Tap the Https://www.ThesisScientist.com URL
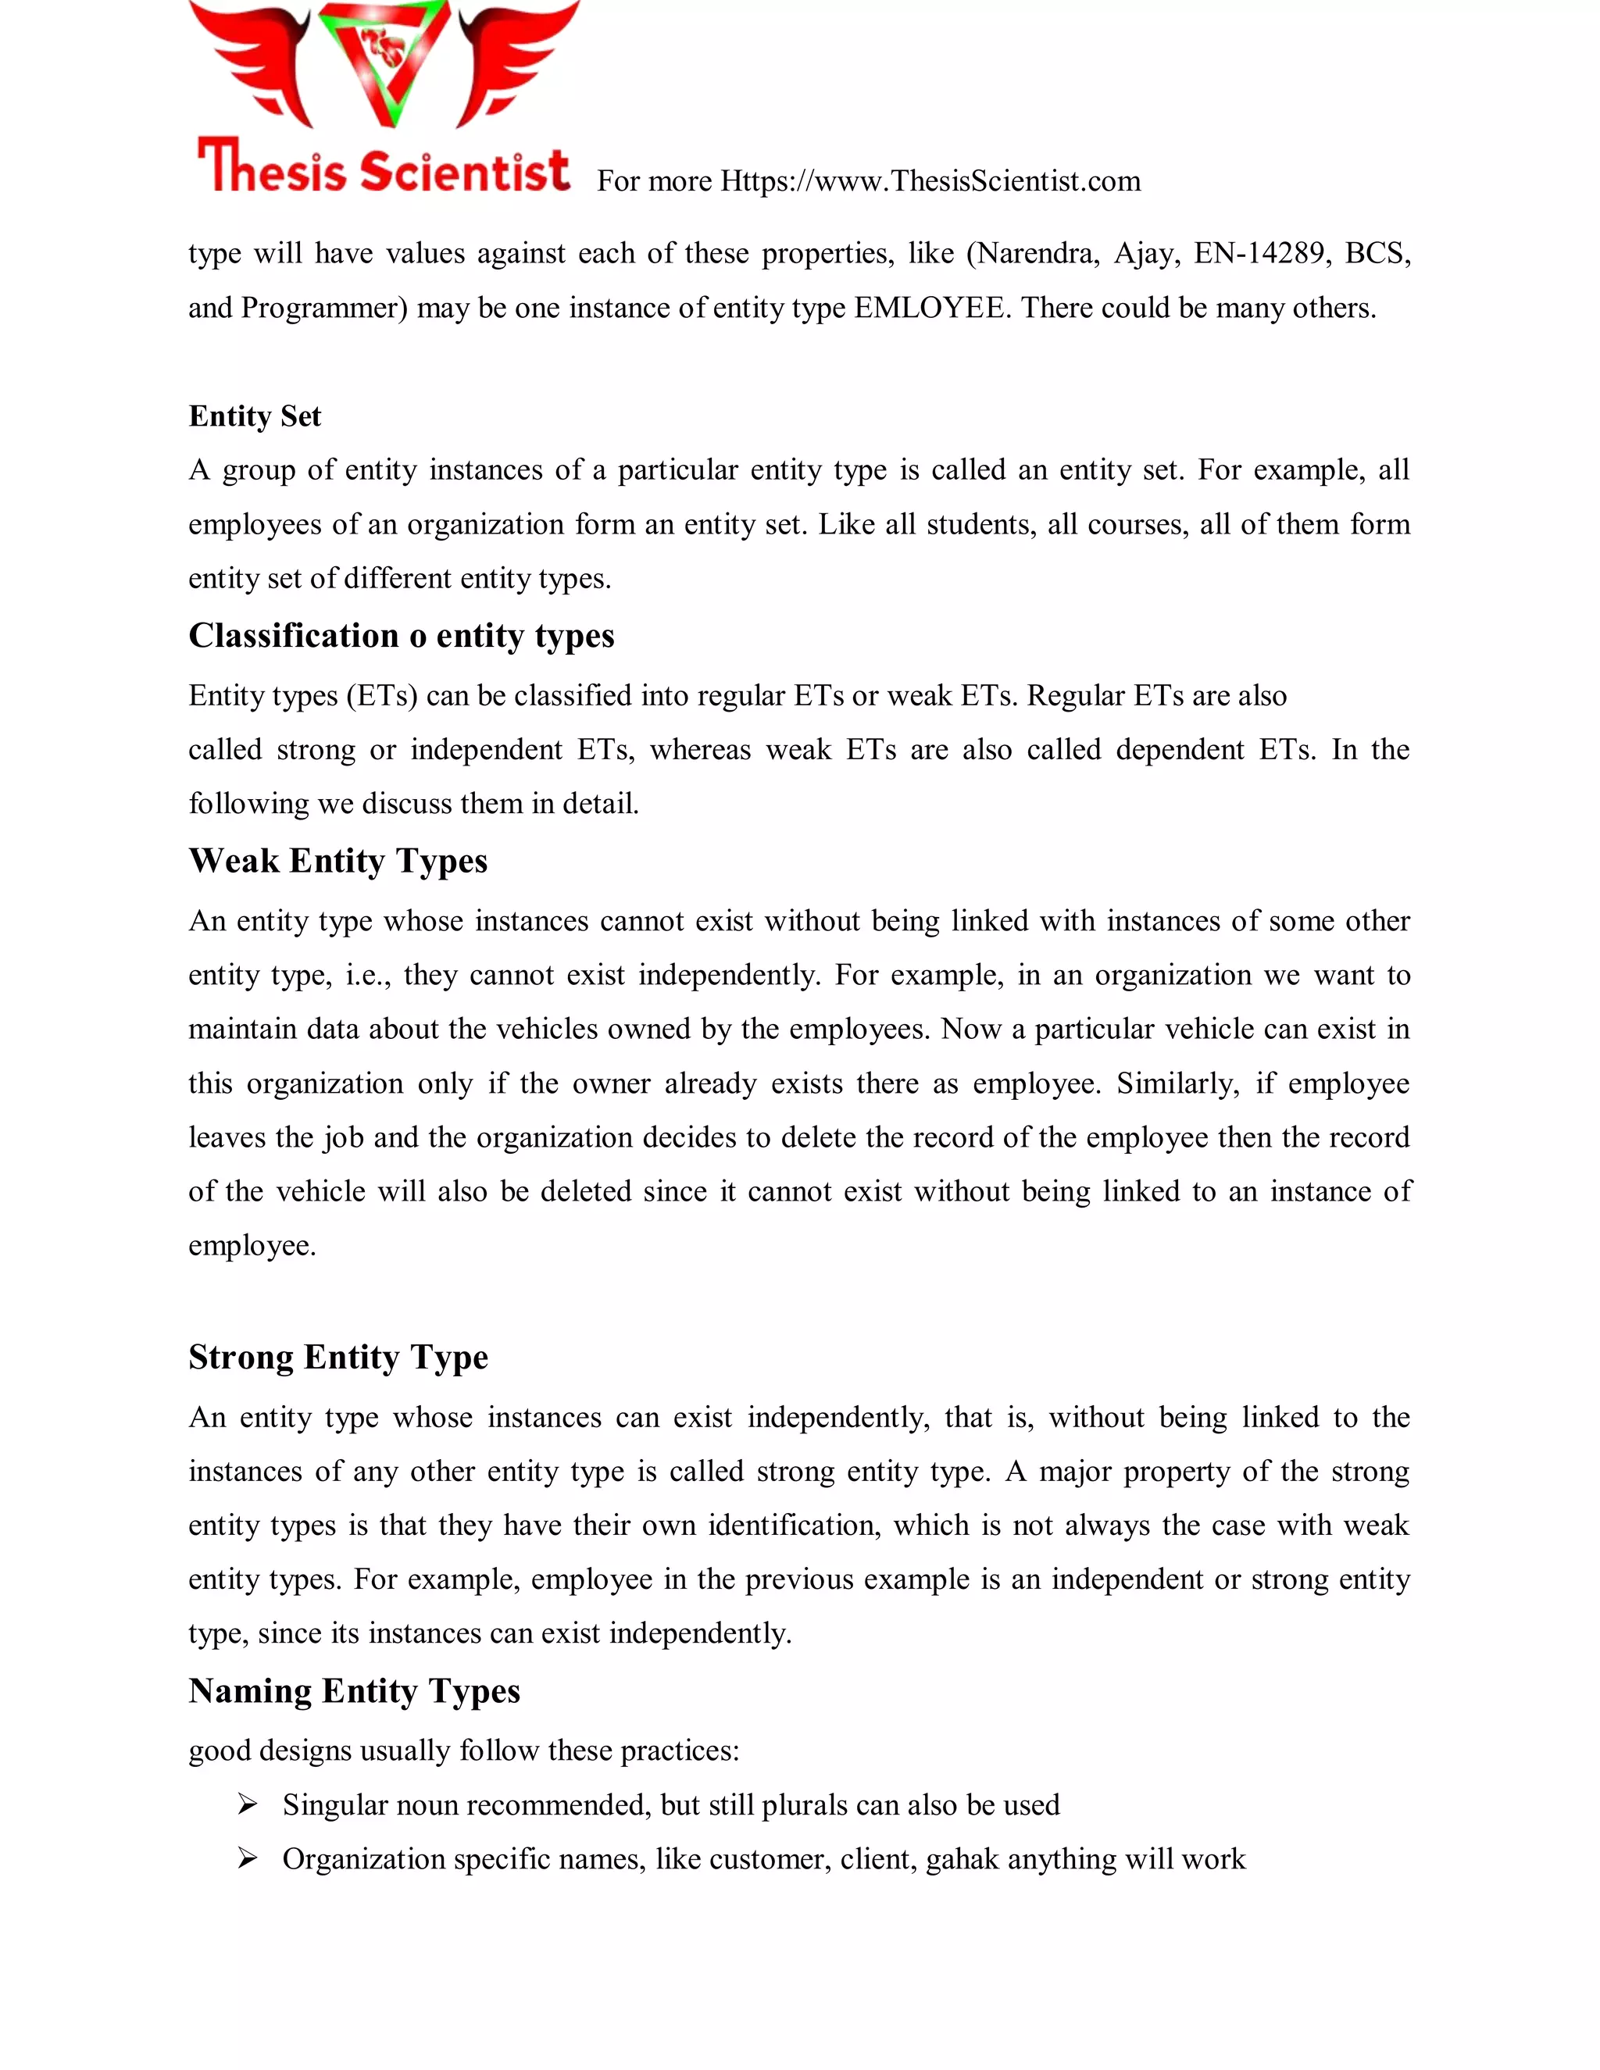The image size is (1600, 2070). [930, 181]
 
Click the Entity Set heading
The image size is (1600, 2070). [255, 416]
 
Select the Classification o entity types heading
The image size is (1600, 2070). [401, 635]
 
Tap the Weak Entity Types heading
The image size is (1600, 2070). [337, 861]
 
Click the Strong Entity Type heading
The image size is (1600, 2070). [337, 1358]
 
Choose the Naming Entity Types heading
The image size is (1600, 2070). [354, 1691]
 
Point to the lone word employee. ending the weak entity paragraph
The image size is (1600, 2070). [252, 1245]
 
